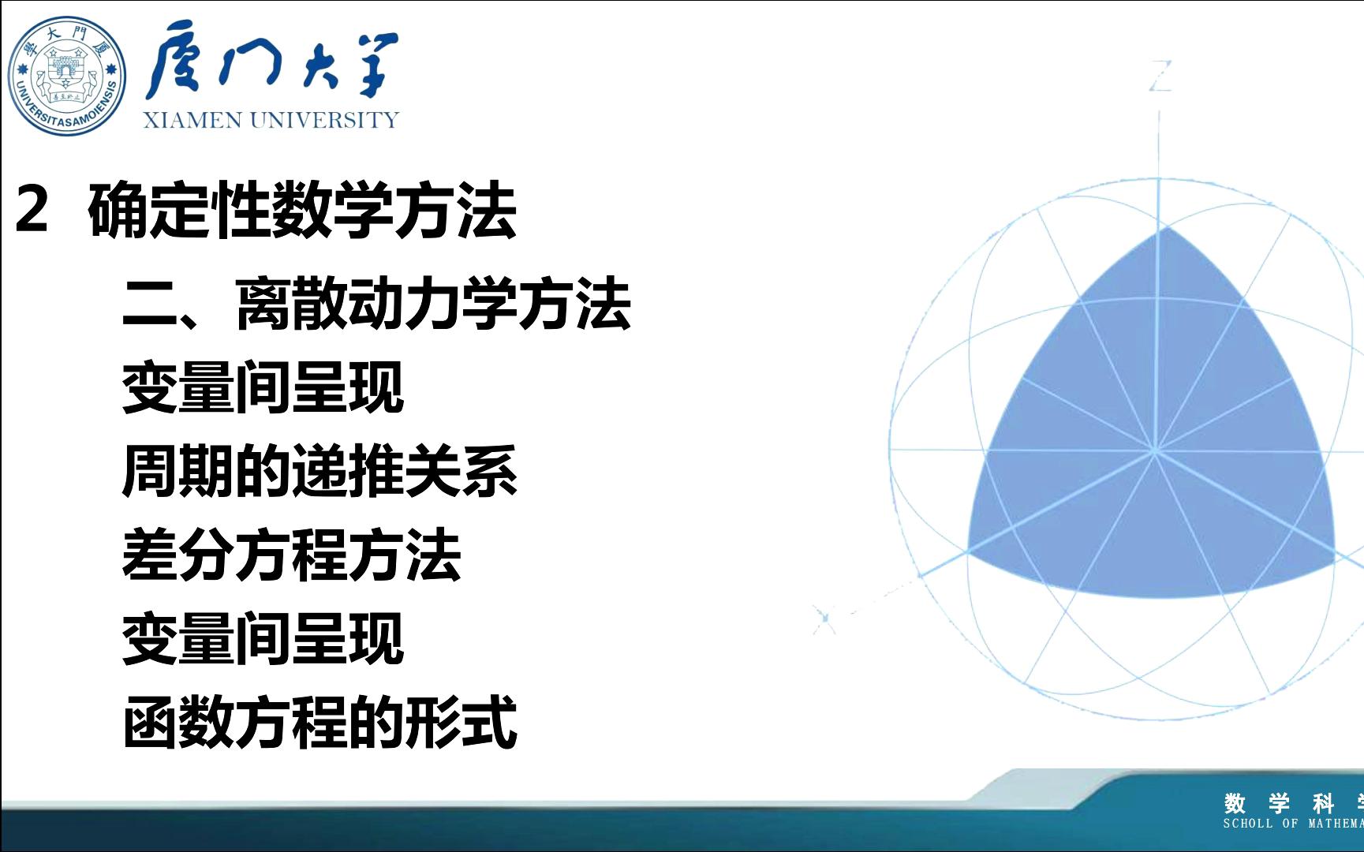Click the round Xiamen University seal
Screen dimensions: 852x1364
tap(67, 76)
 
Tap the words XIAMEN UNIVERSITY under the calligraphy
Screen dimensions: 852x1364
tap(271, 120)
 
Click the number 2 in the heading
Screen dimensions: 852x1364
tap(32, 210)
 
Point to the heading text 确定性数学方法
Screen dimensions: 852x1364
tap(302, 211)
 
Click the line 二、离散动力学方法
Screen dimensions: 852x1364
tap(376, 305)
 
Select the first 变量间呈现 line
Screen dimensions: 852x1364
tap(263, 387)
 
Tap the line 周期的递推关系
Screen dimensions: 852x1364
tap(320, 472)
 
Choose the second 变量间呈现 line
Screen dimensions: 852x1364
tap(263, 640)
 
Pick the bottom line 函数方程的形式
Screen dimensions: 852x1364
tap(320, 722)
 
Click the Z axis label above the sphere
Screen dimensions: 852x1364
tap(1160, 77)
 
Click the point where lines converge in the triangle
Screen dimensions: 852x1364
tap(1155, 451)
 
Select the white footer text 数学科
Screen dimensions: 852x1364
tap(1279, 804)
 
